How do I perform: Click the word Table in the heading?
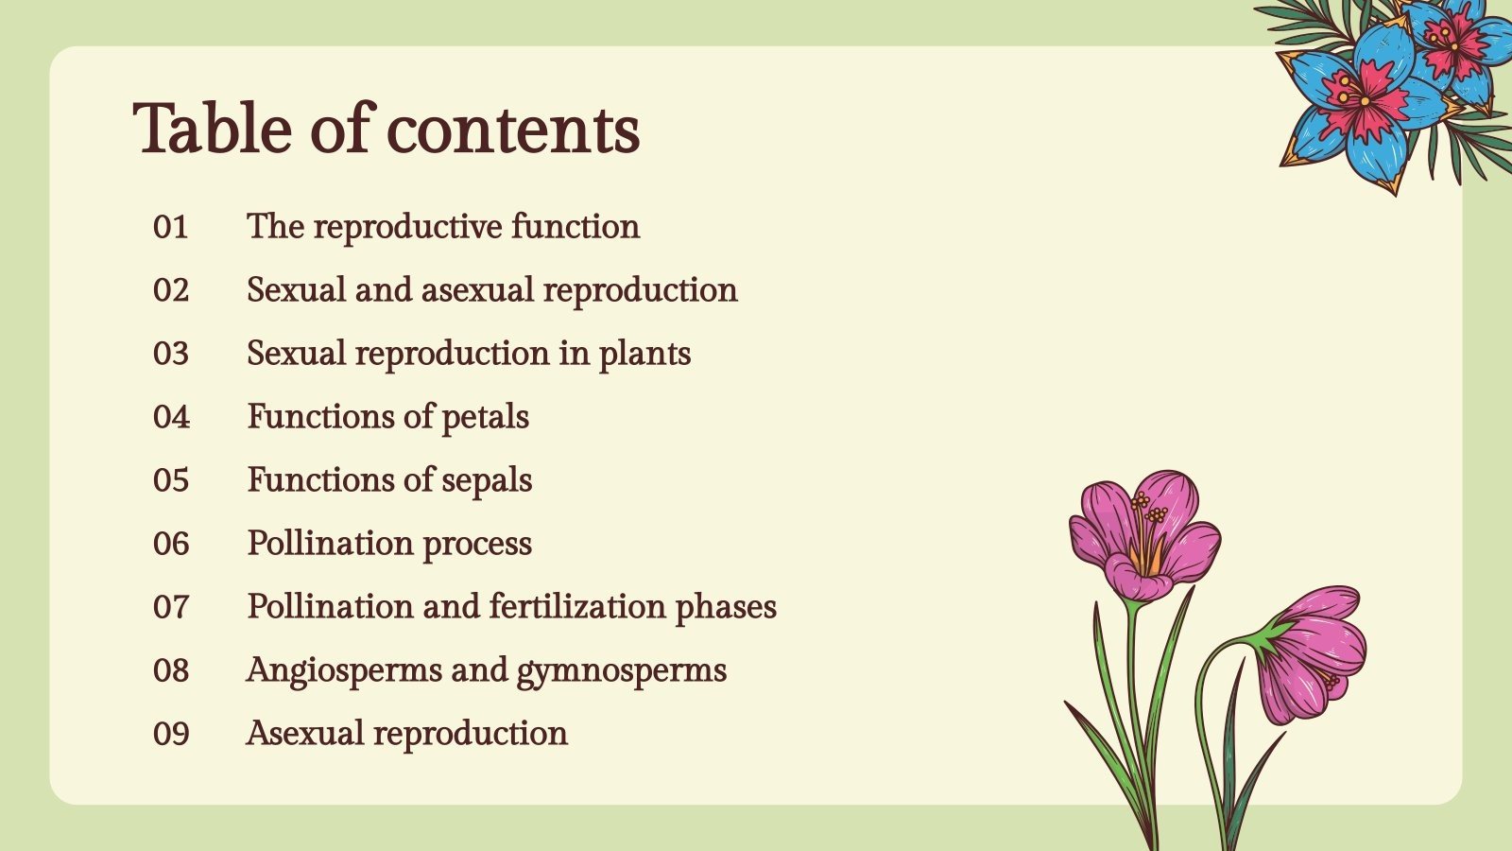click(213, 129)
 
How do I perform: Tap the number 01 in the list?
click(171, 227)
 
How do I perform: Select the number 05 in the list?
click(171, 480)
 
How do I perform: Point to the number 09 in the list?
click(171, 734)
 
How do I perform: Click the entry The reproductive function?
click(443, 227)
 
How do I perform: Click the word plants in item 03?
click(644, 355)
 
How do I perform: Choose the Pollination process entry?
click(389, 544)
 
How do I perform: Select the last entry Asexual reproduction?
click(406, 734)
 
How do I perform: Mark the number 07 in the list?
click(171, 607)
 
